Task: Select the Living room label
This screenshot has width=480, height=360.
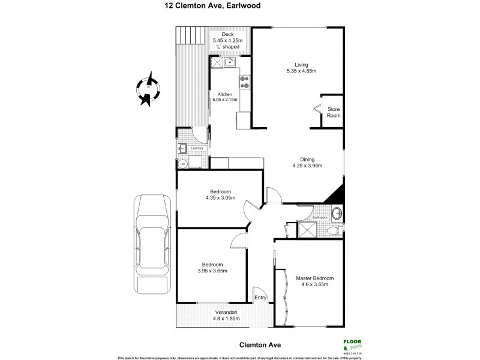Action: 301,68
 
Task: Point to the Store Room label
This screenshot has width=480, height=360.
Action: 334,112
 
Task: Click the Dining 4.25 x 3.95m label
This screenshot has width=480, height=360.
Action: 307,163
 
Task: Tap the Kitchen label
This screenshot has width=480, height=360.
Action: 225,97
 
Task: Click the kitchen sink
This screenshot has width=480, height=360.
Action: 230,61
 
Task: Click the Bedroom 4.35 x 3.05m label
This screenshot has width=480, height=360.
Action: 220,195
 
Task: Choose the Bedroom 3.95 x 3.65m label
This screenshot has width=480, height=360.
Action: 212,268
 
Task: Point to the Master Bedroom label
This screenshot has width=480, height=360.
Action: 314,281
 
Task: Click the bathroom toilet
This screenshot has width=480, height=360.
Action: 335,231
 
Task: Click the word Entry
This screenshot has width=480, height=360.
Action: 260,298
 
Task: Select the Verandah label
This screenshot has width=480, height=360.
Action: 227,316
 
